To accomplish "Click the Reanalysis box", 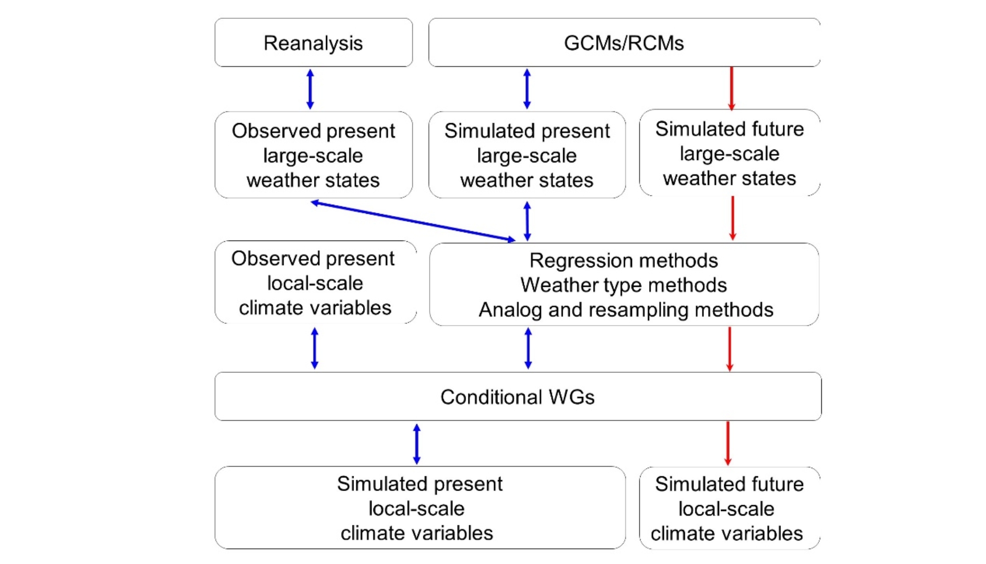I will [313, 43].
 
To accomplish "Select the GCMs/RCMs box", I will [624, 43].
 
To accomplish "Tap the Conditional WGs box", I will [517, 397].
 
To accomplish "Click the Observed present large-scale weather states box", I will [313, 155].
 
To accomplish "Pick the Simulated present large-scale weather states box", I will [527, 155].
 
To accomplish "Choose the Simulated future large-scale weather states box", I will [729, 153].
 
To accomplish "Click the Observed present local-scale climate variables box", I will [315, 283].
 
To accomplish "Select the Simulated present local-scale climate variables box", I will [419, 508].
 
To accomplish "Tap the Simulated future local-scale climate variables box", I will [729, 509].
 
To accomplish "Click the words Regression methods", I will [624, 261].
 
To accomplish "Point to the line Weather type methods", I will [624, 285].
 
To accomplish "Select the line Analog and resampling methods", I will [626, 310].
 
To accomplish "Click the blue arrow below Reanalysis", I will [310, 89].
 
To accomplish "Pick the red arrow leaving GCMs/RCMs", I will [732, 88].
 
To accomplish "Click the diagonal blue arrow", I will [413, 221].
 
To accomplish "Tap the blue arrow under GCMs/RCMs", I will [527, 89].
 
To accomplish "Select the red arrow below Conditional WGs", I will [728, 443].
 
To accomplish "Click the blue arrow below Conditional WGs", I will [417, 444].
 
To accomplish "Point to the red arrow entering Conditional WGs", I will [730, 348].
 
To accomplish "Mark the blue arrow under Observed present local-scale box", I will [315, 348].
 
